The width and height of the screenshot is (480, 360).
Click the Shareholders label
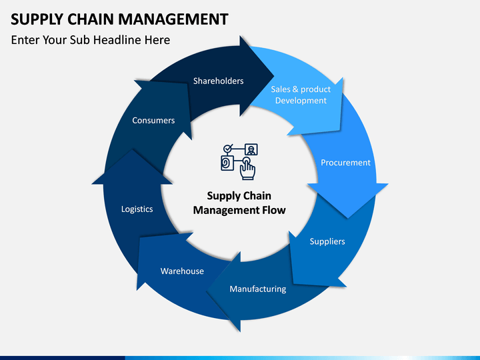[218, 81]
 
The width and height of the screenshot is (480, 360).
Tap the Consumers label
[153, 120]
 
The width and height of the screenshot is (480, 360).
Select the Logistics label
[137, 209]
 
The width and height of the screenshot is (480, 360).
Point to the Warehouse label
[182, 271]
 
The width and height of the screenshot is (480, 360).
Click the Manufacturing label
[258, 289]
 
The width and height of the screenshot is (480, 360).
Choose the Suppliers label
[327, 241]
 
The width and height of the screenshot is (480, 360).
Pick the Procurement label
[345, 163]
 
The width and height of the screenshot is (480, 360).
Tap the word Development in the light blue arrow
[301, 101]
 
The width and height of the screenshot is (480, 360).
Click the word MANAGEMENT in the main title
[173, 19]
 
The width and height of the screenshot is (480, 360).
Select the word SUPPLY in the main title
[37, 19]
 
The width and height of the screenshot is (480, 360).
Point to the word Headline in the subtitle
[117, 40]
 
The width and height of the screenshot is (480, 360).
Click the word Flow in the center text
[274, 210]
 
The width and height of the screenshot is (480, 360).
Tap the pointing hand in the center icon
[247, 169]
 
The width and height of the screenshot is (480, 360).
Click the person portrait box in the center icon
[251, 149]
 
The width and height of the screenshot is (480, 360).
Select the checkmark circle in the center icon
[228, 149]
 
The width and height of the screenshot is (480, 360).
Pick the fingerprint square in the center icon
[227, 163]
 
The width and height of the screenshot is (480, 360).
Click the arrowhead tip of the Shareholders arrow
[274, 75]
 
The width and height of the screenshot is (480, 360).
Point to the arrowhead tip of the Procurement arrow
[347, 218]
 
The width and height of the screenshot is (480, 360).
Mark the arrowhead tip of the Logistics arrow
[132, 150]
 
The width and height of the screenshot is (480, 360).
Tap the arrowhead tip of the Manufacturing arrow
[206, 292]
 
